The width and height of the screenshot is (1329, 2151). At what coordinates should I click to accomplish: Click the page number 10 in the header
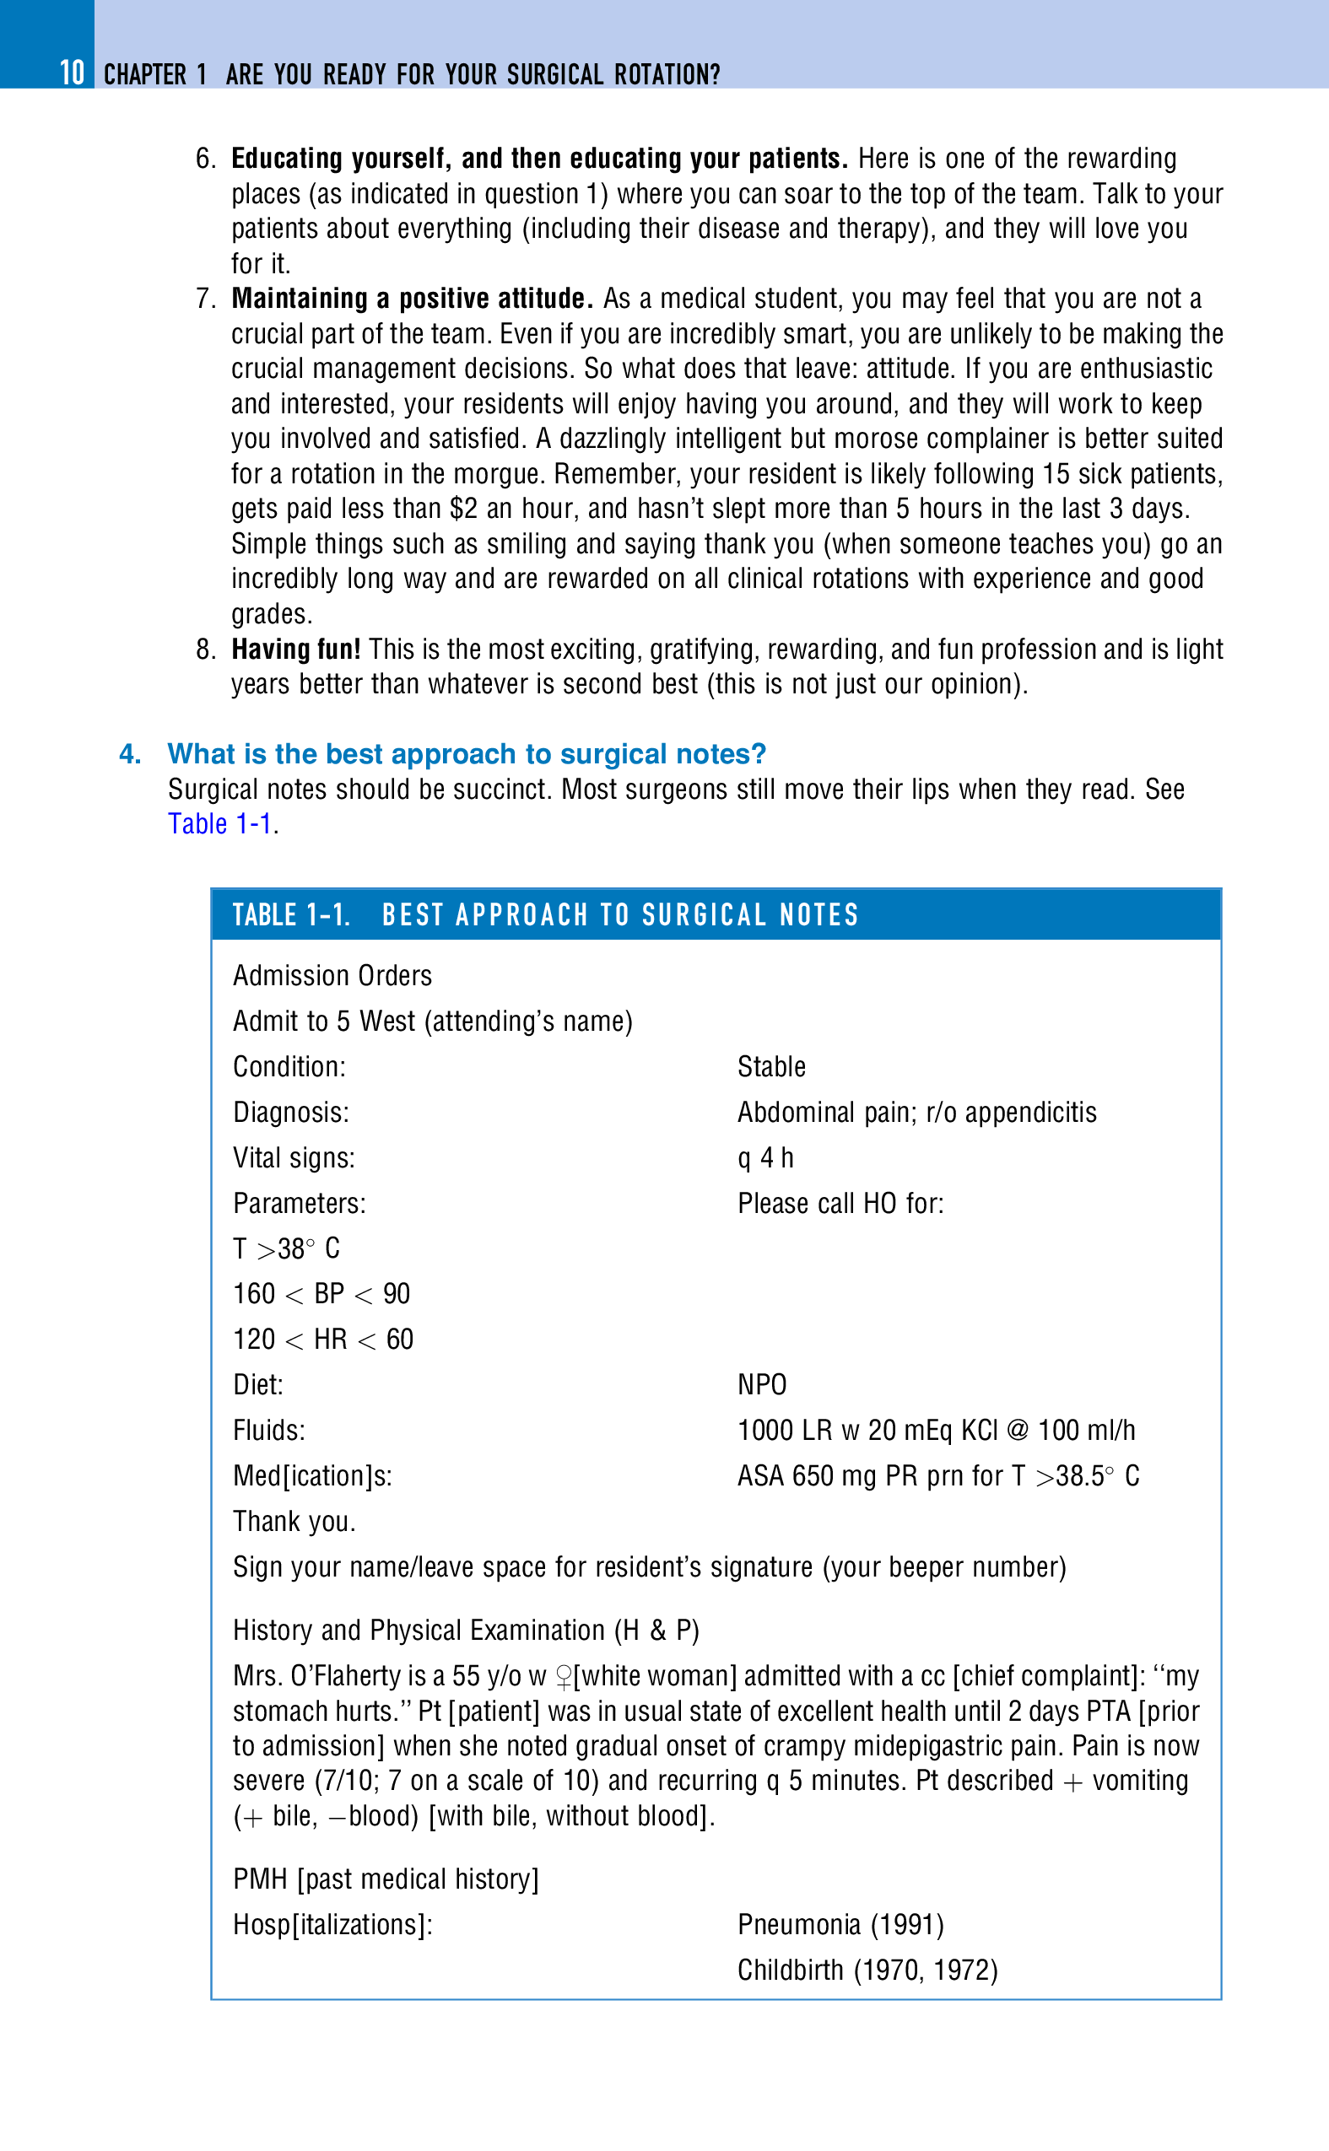[x=72, y=73]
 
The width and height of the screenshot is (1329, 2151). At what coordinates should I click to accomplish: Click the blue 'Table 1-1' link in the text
[x=219, y=824]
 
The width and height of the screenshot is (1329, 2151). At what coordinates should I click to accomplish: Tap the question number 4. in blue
[x=130, y=754]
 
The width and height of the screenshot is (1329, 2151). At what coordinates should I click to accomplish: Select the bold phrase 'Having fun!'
[x=296, y=650]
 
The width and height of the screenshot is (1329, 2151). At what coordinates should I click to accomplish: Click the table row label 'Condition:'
[x=289, y=1067]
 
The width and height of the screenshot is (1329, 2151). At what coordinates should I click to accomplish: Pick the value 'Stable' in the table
[x=772, y=1067]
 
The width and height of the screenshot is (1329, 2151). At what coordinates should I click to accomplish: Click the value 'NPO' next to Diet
[x=762, y=1385]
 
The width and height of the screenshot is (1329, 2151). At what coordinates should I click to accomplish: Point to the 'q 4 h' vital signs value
[x=765, y=1158]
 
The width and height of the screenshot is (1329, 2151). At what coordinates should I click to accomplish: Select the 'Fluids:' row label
[x=269, y=1431]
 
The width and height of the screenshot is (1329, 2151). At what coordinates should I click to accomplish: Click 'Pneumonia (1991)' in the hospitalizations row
[x=841, y=1924]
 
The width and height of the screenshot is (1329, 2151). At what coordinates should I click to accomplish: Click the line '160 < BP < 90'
[x=321, y=1293]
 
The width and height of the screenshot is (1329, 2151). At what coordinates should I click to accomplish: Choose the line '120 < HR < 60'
[x=323, y=1340]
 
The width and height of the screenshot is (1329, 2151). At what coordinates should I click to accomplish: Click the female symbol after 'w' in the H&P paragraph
[x=564, y=1678]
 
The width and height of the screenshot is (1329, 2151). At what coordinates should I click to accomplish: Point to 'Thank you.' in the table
[x=294, y=1522]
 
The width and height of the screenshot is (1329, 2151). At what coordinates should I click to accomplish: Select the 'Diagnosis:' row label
[x=291, y=1113]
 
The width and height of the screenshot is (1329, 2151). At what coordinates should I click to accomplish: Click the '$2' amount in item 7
[x=463, y=509]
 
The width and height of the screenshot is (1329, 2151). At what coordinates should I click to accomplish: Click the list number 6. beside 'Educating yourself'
[x=206, y=159]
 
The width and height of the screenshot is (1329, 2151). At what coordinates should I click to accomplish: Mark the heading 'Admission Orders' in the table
[x=332, y=975]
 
